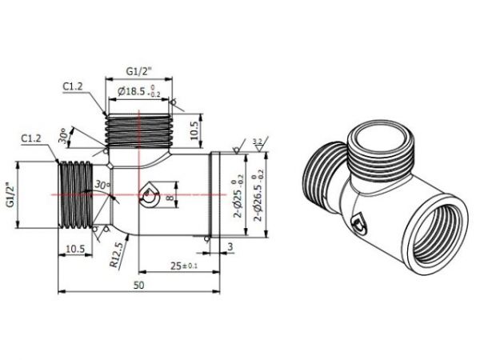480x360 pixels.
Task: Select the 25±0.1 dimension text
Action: pos(183,263)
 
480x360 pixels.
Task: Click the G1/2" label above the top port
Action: pos(137,71)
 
